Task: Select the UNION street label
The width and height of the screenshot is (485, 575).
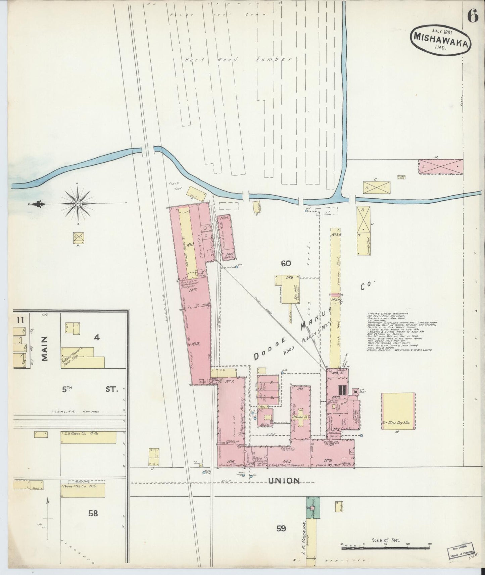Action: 284,481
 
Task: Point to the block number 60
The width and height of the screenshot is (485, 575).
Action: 286,264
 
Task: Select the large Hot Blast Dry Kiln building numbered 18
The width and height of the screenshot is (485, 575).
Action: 398,411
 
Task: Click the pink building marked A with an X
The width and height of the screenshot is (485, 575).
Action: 440,167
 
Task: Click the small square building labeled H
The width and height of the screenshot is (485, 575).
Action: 79,238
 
